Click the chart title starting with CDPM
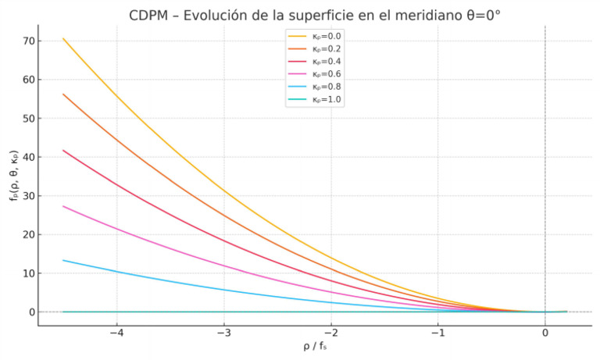(x=315, y=16)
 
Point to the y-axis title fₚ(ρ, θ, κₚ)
(x=12, y=176)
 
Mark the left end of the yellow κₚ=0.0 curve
(x=63, y=38)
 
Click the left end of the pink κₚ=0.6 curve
(x=63, y=206)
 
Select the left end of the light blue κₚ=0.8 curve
(x=63, y=260)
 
